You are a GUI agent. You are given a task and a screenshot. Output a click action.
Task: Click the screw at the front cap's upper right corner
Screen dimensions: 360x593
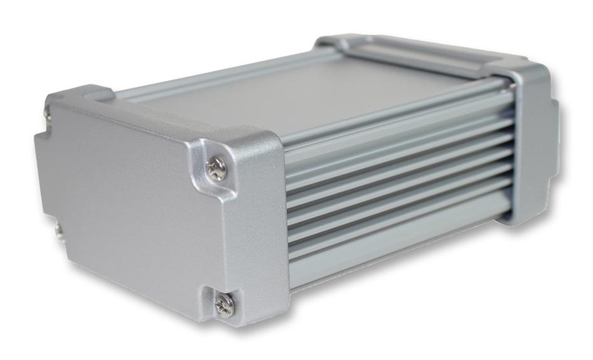pyautogui.click(x=216, y=168)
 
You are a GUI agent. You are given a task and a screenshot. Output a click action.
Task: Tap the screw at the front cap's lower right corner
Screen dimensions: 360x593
pyautogui.click(x=224, y=304)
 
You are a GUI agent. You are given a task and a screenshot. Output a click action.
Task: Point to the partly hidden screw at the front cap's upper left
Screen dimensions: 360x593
pyautogui.click(x=48, y=114)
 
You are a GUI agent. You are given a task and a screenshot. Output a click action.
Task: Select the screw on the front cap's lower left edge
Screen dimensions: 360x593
pyautogui.click(x=58, y=230)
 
